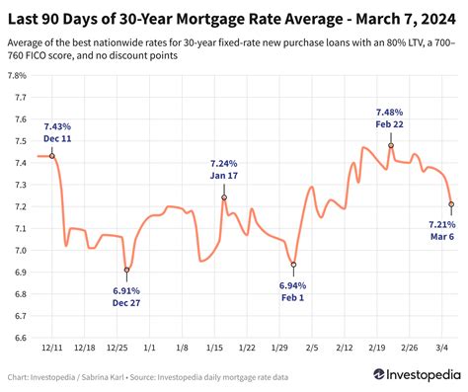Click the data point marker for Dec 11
click(x=52, y=156)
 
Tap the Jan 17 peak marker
click(x=224, y=197)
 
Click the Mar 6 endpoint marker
click(x=451, y=204)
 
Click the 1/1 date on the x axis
click(x=150, y=348)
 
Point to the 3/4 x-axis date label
click(x=443, y=348)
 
